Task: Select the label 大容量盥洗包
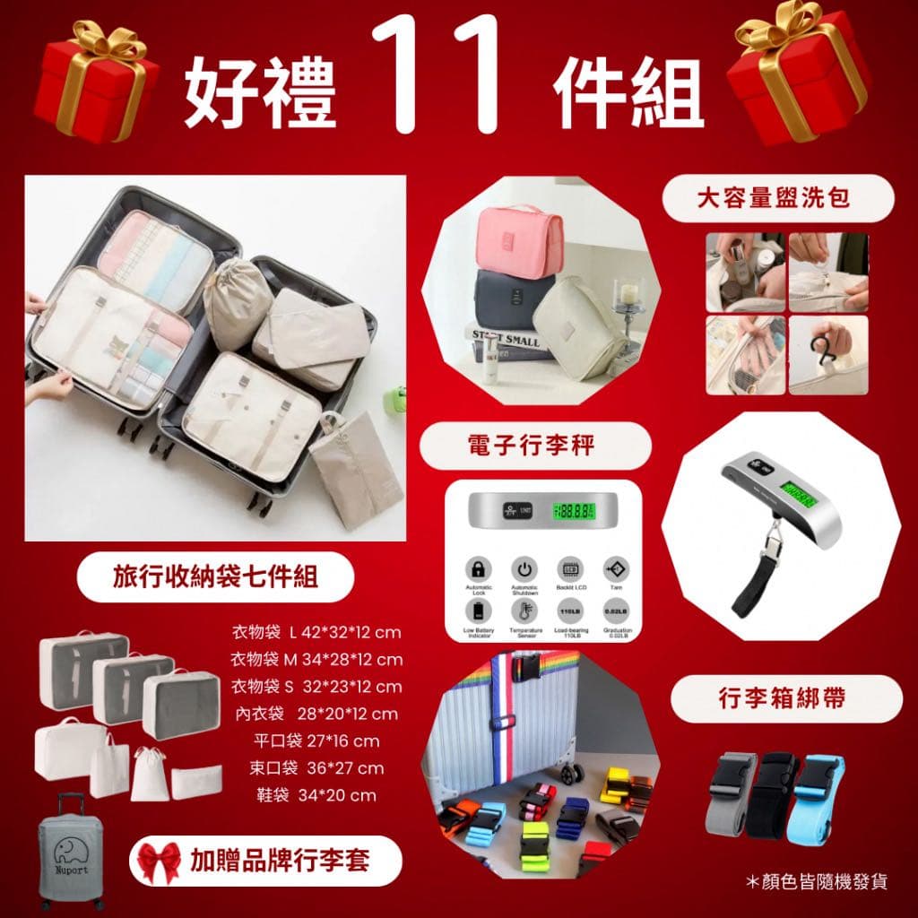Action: [x=778, y=198]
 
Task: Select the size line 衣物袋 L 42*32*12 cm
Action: [x=316, y=633]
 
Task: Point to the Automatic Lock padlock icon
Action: [x=480, y=569]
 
